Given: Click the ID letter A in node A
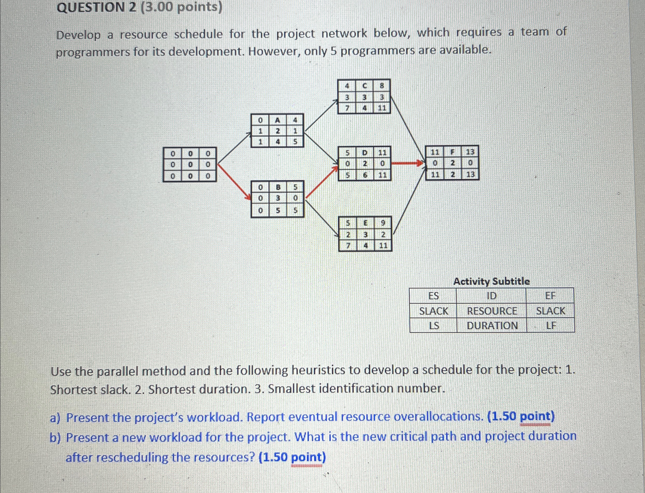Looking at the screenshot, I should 277,120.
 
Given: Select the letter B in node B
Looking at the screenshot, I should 278,187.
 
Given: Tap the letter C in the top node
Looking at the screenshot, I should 364,86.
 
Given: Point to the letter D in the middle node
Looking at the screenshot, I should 365,153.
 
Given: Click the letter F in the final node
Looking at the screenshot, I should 452,152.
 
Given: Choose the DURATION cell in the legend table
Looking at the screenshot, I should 492,326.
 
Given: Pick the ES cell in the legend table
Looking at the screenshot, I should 433,296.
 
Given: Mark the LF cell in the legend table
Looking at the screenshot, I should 551,326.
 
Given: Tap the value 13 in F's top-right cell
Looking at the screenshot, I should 470,152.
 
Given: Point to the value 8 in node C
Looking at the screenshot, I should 382,86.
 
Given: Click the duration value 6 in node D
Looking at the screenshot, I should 365,175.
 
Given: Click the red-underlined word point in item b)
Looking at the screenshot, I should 307,458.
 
